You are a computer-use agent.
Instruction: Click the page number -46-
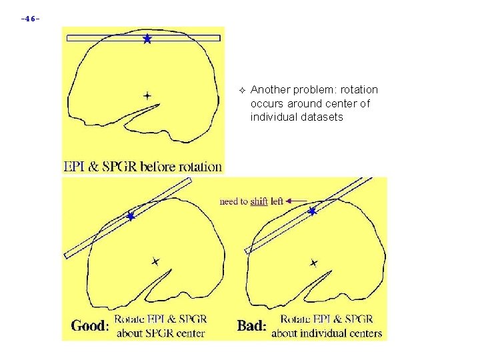(31, 19)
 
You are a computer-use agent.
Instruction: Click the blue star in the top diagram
(147, 39)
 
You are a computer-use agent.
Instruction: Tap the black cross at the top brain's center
(147, 95)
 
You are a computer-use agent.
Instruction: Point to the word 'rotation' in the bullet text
(359, 89)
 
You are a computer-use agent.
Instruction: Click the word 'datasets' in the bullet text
(323, 117)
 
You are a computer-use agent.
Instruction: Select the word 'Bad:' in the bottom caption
(251, 326)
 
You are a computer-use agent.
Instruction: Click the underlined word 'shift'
(259, 201)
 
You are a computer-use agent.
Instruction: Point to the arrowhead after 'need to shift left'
(289, 201)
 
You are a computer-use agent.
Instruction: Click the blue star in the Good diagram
(131, 216)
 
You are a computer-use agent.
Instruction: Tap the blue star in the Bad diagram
(312, 211)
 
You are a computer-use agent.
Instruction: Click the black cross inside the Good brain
(155, 261)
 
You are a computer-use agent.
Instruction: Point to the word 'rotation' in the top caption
(199, 167)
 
